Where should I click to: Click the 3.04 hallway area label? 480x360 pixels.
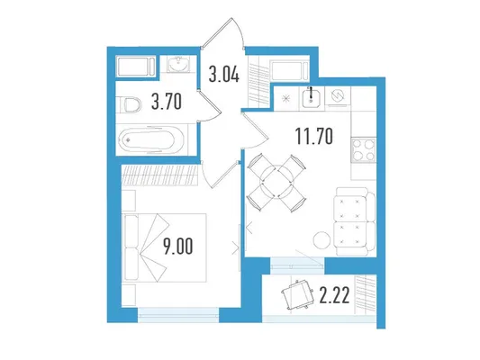223,75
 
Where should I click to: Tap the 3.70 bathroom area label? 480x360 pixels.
167,102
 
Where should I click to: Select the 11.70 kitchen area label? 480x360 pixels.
314,137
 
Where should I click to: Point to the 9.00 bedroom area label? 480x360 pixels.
178,247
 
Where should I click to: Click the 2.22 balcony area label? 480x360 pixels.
334,295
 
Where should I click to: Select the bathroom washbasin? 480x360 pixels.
179,64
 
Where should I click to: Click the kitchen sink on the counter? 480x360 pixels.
311,96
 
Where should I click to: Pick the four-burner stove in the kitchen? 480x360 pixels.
363,149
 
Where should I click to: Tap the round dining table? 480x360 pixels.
276,183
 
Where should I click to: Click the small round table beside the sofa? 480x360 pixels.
322,240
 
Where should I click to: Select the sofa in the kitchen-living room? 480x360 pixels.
355,221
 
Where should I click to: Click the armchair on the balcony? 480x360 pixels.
297,294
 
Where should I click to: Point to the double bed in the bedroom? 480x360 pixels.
164,247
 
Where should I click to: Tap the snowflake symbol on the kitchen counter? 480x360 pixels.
285,98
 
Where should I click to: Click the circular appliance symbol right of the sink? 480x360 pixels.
338,95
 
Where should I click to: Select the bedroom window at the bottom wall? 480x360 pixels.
178,315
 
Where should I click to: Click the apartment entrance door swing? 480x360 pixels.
222,33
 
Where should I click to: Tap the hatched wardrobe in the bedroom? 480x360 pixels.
159,175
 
